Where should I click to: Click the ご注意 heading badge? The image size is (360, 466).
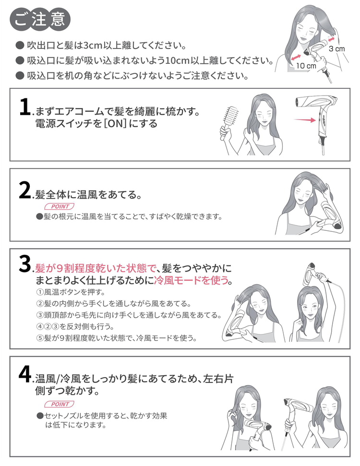(40, 20)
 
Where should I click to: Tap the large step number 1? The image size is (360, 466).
(25, 107)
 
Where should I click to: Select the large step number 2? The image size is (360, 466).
(25, 191)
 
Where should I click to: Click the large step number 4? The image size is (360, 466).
(25, 374)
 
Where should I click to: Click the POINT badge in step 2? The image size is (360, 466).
(59, 206)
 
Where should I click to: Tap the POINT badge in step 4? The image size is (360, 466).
(59, 404)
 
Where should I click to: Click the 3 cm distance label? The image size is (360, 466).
(337, 49)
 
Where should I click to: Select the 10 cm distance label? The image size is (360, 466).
(306, 66)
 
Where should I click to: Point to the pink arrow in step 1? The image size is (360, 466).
(305, 120)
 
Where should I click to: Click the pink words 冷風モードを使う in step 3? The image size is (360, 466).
(191, 280)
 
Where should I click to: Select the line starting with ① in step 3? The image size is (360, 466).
(71, 292)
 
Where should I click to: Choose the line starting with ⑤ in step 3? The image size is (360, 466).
(117, 338)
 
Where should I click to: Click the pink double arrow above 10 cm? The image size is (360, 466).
(296, 57)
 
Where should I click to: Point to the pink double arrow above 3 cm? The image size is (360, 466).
(332, 39)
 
